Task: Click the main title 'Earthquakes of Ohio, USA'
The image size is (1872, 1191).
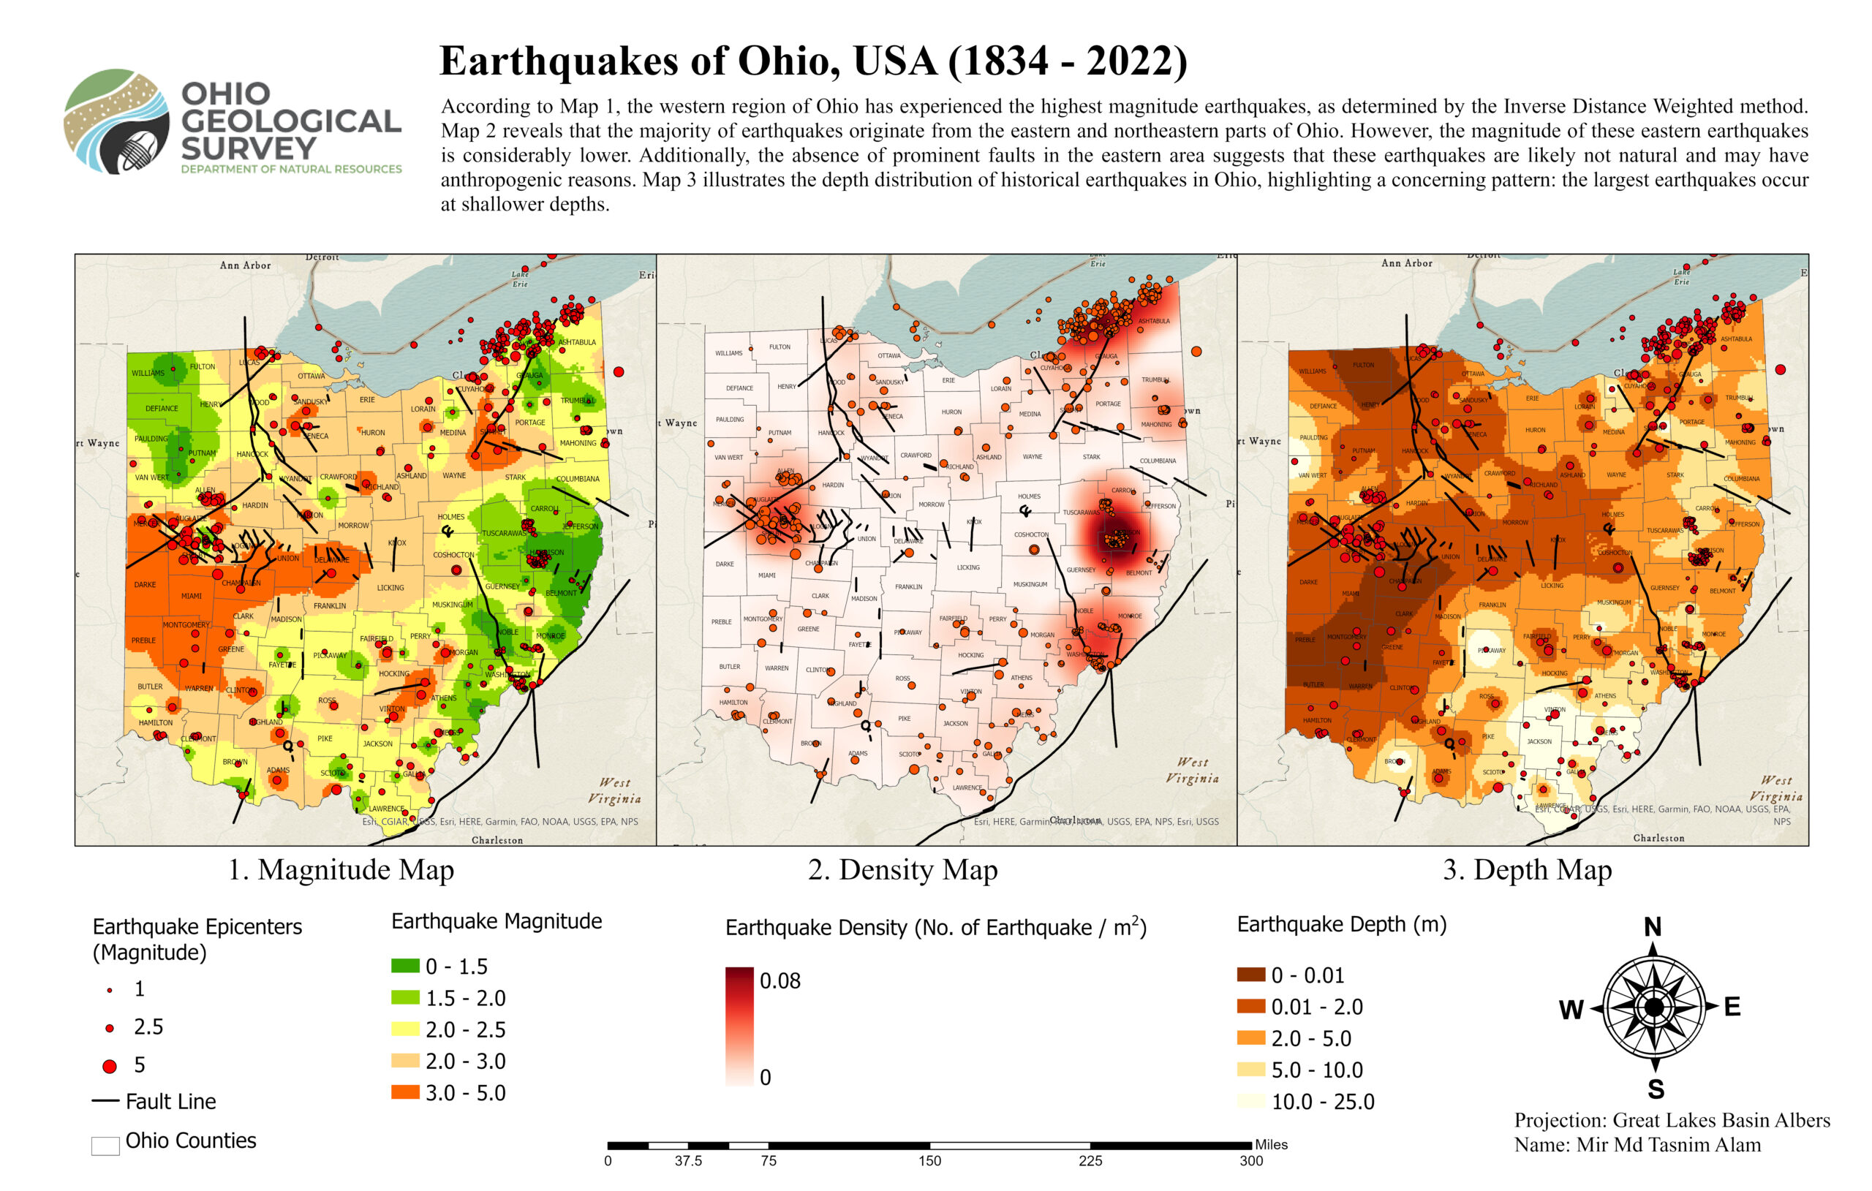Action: coord(812,61)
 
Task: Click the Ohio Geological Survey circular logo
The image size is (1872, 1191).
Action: coord(116,121)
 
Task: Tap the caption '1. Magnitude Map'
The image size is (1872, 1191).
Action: coord(341,869)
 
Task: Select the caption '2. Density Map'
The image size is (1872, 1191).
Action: coord(902,869)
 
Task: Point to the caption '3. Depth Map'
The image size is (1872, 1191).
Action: coord(1527,869)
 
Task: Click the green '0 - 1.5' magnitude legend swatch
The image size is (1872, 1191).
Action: coord(404,967)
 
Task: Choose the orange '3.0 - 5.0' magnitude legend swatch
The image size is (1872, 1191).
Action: coord(404,1092)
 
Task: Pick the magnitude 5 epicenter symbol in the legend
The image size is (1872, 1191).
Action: coord(110,1066)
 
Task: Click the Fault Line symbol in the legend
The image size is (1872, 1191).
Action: coord(105,1102)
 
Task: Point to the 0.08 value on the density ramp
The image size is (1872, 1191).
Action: coord(780,981)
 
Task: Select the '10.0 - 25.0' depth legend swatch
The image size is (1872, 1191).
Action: coord(1251,1102)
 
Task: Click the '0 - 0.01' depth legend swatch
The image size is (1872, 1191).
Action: coord(1251,975)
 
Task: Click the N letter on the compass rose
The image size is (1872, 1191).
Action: coord(1652,926)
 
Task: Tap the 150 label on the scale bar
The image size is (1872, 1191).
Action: coord(929,1162)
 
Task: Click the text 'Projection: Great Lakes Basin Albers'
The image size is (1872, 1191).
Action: coord(1672,1120)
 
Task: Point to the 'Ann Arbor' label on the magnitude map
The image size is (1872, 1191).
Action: coord(245,265)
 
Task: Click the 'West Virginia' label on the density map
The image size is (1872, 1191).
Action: coord(1192,770)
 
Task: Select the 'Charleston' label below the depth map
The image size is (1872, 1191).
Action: coord(1658,838)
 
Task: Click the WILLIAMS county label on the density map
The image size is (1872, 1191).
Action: coord(728,354)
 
